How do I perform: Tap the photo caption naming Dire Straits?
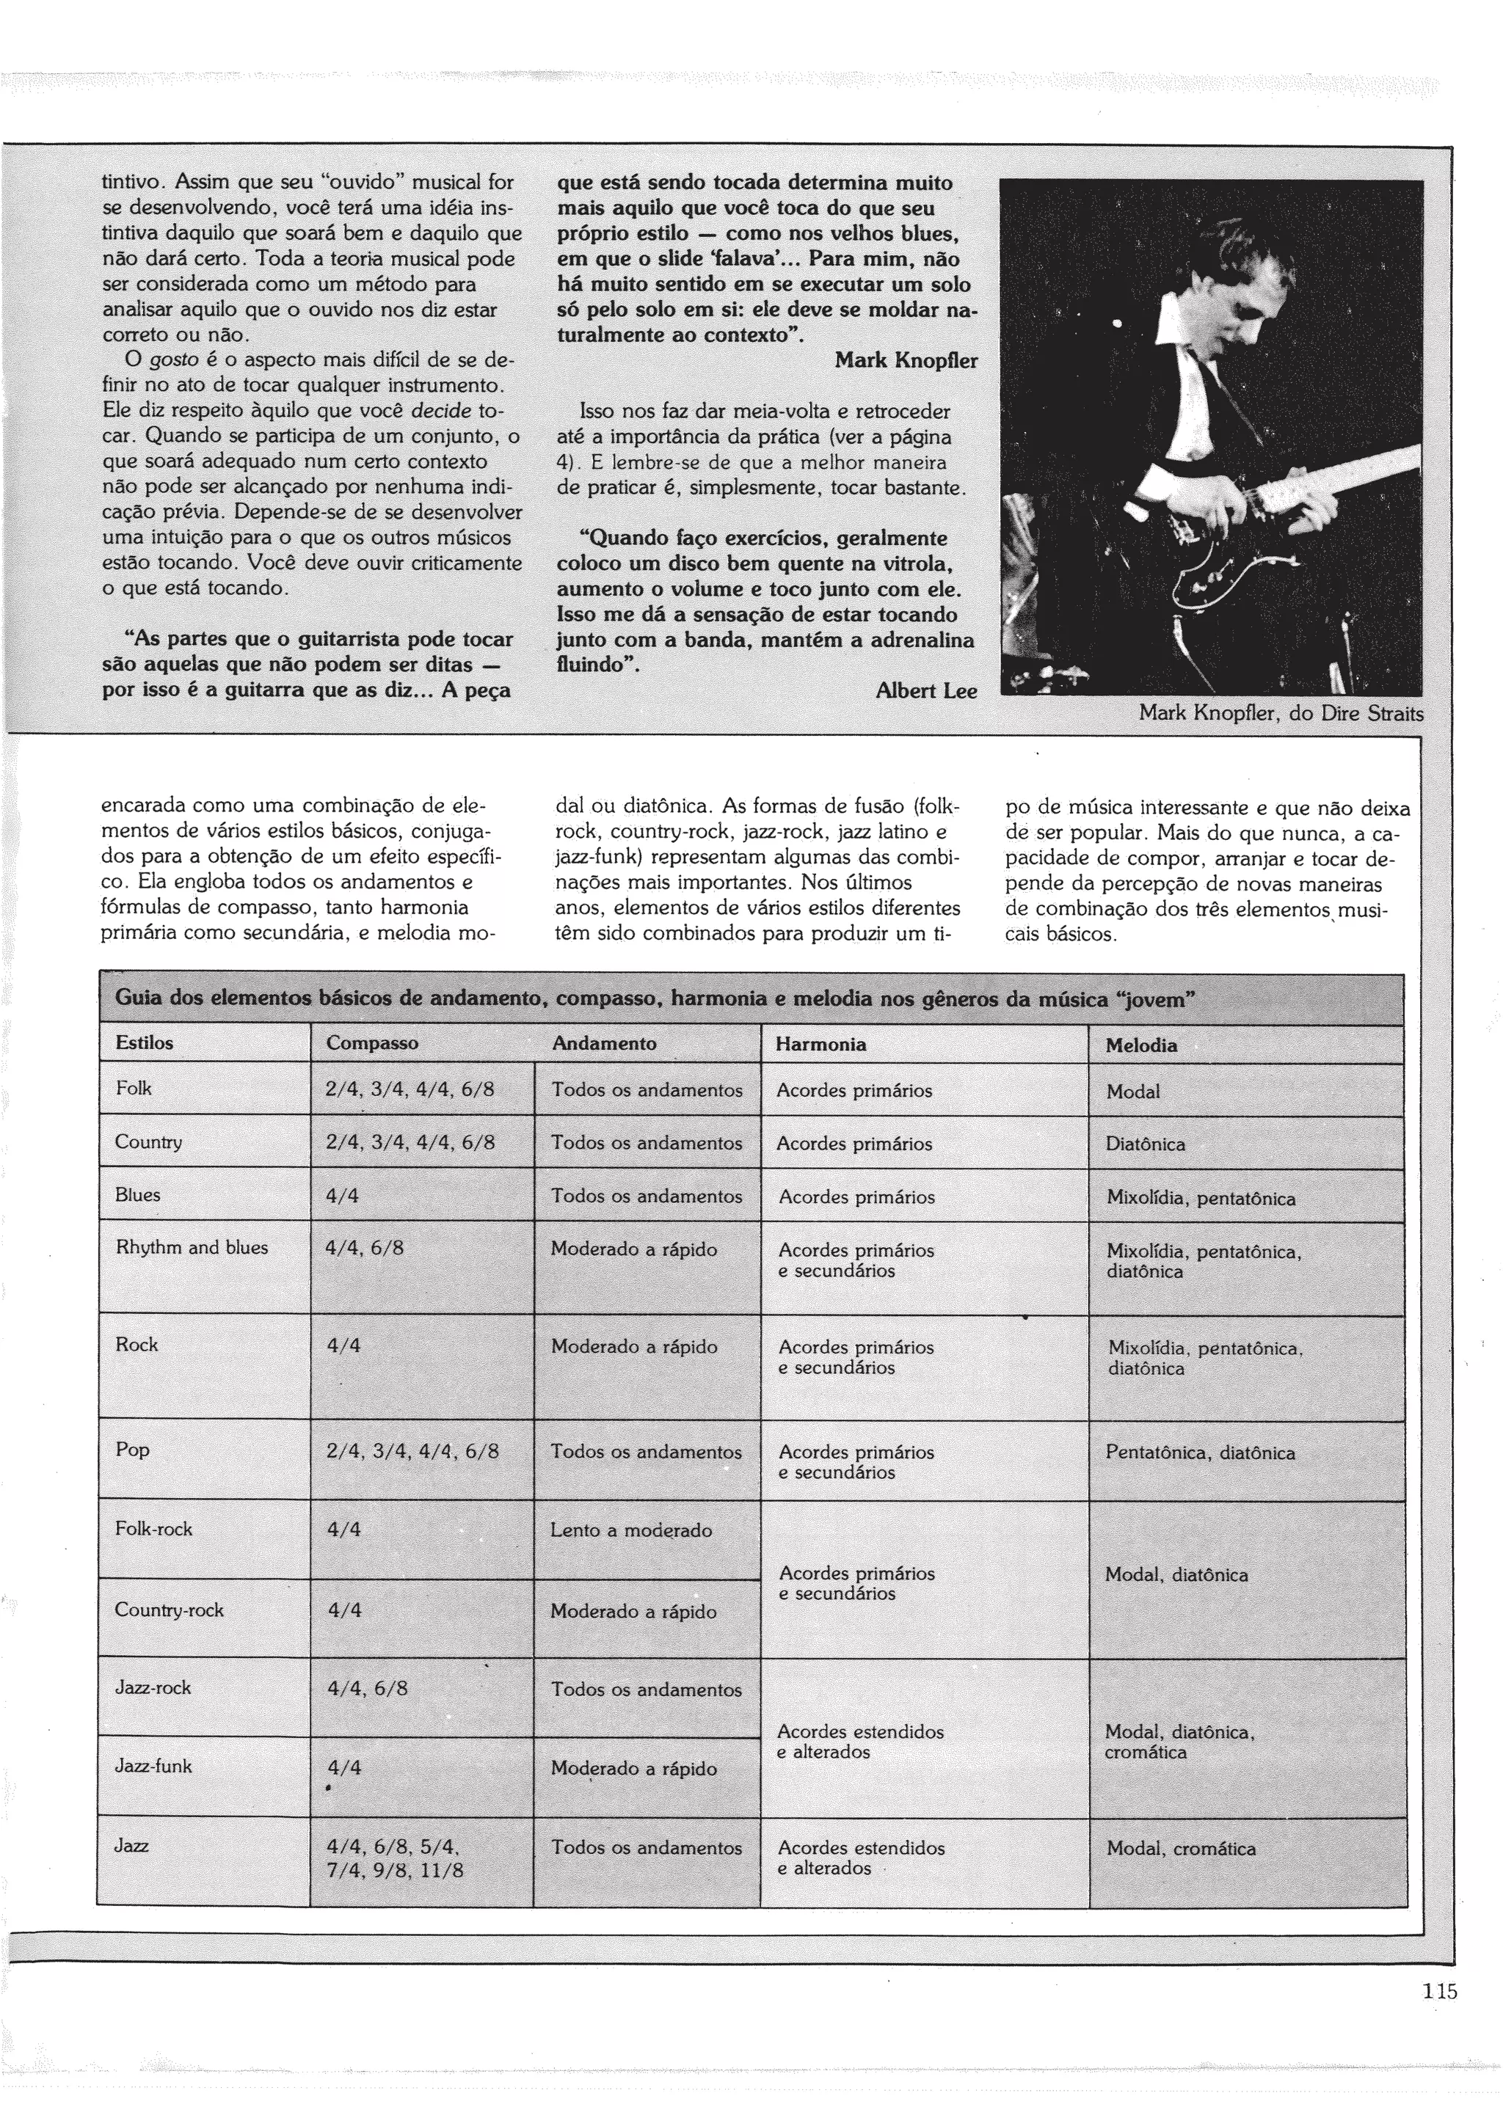coord(1281,714)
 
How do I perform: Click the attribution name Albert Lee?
coord(926,691)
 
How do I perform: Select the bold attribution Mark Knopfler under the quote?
coord(906,360)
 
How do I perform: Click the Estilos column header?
coord(145,1042)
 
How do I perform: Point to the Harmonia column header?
coord(820,1043)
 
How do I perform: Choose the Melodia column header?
coord(1141,1045)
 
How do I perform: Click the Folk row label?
coord(134,1088)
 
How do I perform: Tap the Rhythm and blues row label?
coord(192,1247)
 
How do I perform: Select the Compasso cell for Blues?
coord(343,1195)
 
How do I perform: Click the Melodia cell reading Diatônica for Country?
coord(1145,1144)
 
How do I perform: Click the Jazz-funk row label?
coord(153,1766)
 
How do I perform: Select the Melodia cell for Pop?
coord(1199,1453)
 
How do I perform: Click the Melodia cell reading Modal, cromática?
coord(1180,1848)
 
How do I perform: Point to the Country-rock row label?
coord(170,1610)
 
